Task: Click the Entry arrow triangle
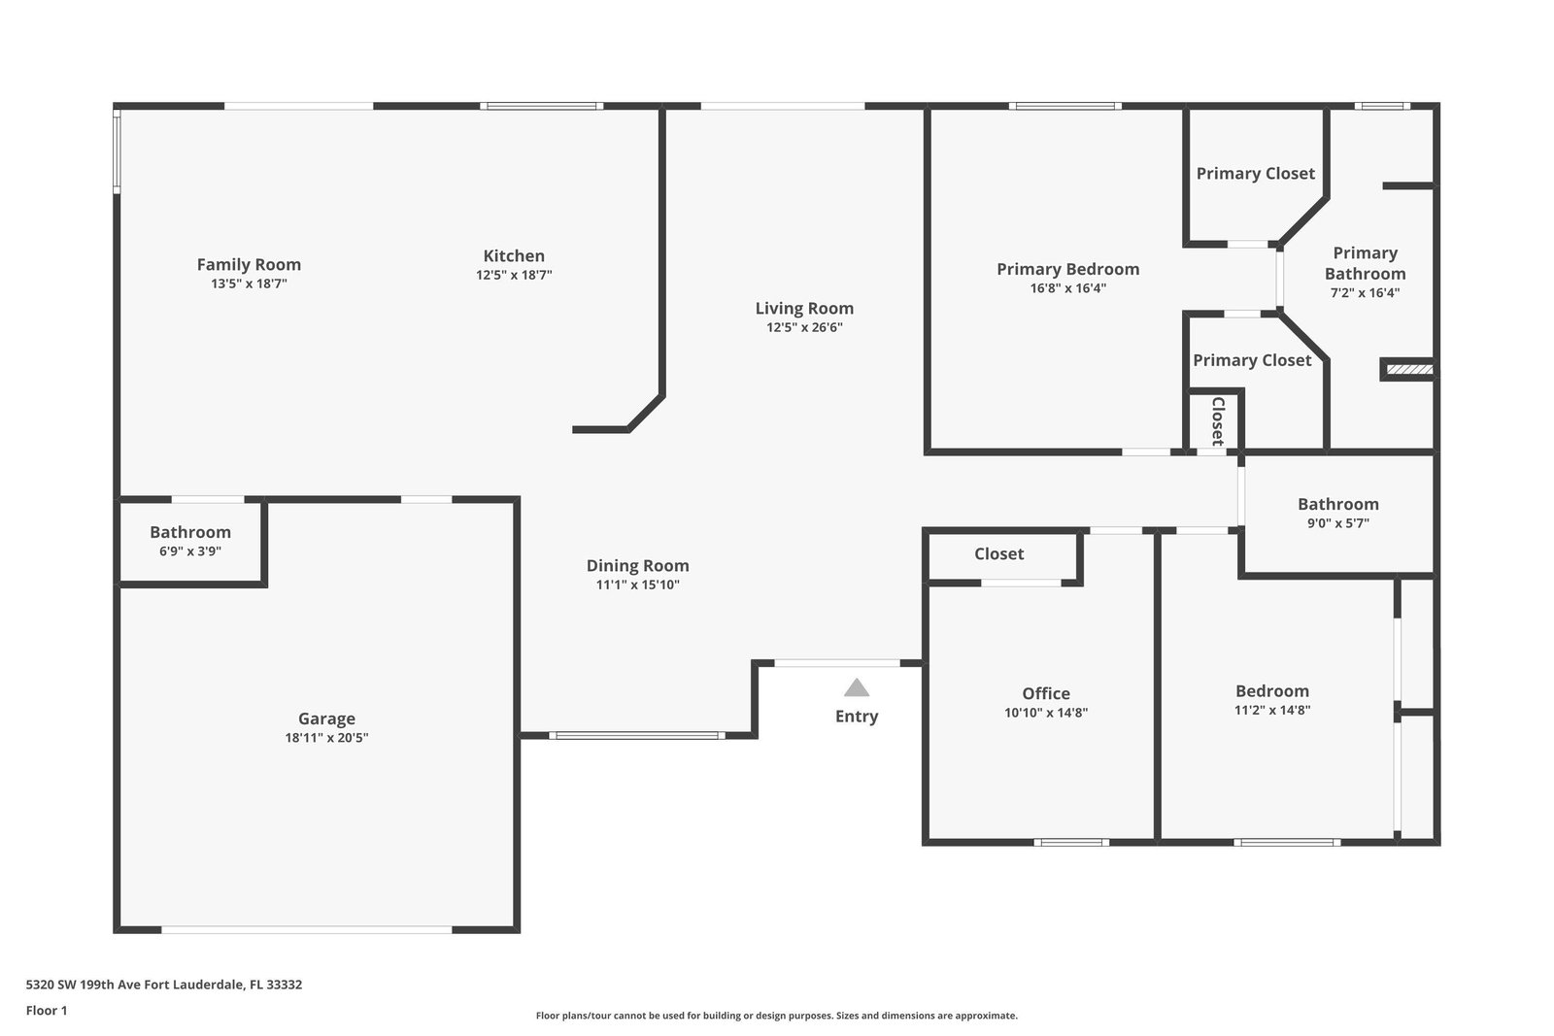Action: (856, 687)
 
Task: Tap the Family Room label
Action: (249, 264)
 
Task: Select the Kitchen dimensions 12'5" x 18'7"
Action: (514, 275)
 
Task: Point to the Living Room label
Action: (804, 308)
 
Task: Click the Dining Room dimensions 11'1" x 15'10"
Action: (637, 585)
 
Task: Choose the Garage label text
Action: (326, 719)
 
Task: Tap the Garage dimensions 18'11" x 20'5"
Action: (326, 737)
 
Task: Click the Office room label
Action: (1045, 693)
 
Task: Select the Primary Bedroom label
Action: (1067, 269)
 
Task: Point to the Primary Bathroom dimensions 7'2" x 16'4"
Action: (1365, 292)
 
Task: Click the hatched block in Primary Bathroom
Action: (1409, 370)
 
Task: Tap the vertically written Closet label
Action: (1218, 421)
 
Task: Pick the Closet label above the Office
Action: (998, 553)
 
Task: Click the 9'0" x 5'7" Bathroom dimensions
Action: (1338, 522)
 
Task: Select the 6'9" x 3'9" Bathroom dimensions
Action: (190, 551)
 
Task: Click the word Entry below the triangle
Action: (856, 717)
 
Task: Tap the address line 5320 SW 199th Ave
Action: (164, 984)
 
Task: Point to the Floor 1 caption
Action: (47, 1011)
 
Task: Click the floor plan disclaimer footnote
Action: (776, 1016)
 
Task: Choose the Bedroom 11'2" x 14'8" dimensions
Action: (1271, 710)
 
